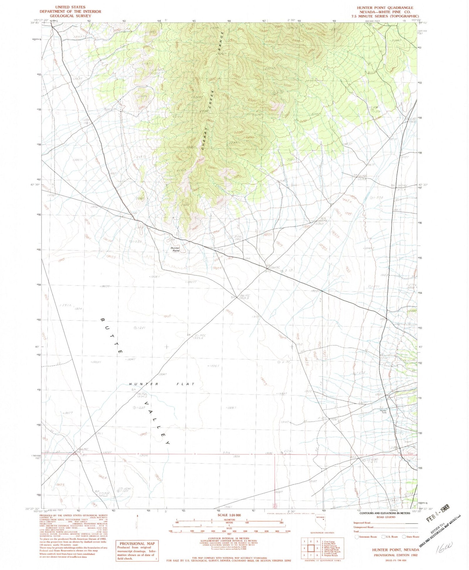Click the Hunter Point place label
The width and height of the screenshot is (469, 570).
pyautogui.click(x=175, y=249)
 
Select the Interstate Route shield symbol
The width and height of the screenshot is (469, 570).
pyautogui.click(x=357, y=537)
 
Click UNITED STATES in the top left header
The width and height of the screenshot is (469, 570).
pyautogui.click(x=70, y=7)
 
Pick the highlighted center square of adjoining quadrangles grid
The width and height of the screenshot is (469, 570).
pyautogui.click(x=311, y=548)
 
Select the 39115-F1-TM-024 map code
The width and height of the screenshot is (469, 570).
pyautogui.click(x=396, y=561)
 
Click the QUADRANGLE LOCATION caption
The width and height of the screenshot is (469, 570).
pyautogui.click(x=322, y=533)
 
